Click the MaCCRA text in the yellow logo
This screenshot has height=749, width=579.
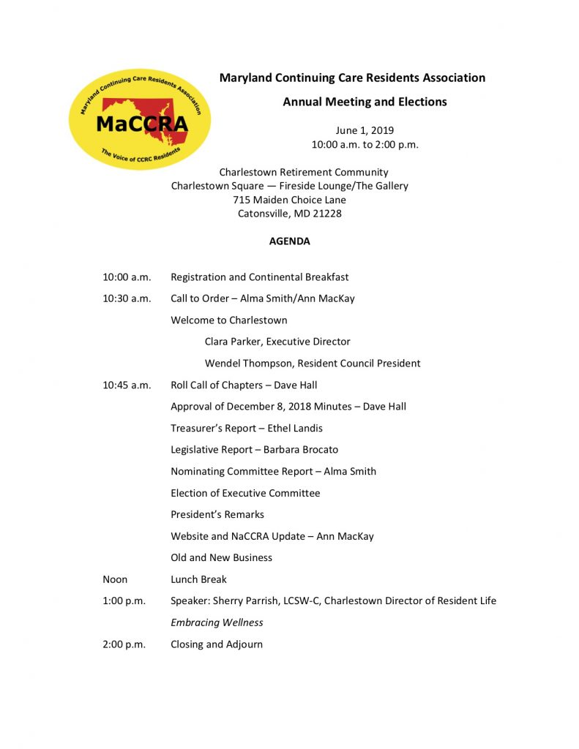point(141,124)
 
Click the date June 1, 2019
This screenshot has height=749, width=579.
point(365,130)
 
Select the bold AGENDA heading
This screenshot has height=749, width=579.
point(289,241)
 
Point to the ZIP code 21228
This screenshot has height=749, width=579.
point(326,214)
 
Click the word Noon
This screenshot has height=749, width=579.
point(115,579)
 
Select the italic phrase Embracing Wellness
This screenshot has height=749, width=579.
point(217,622)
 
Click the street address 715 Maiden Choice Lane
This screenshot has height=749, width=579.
point(289,200)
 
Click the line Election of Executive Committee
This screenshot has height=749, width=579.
point(245,493)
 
